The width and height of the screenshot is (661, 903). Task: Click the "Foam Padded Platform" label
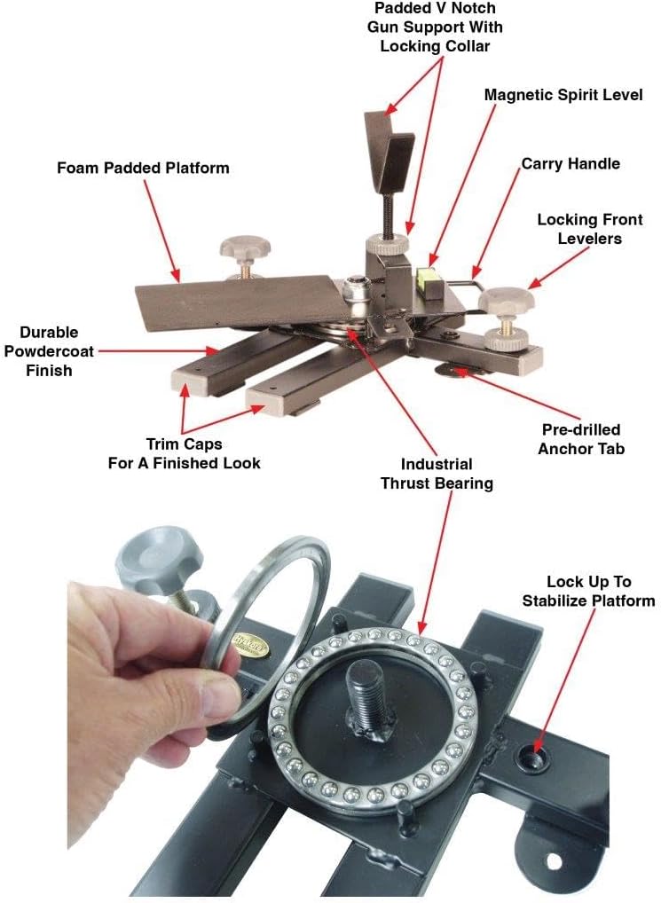pyautogui.click(x=143, y=168)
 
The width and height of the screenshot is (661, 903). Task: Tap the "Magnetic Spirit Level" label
pyautogui.click(x=563, y=95)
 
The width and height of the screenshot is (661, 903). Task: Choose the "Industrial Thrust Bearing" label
pyautogui.click(x=436, y=474)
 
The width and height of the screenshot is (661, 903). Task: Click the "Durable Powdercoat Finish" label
pyautogui.click(x=49, y=351)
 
